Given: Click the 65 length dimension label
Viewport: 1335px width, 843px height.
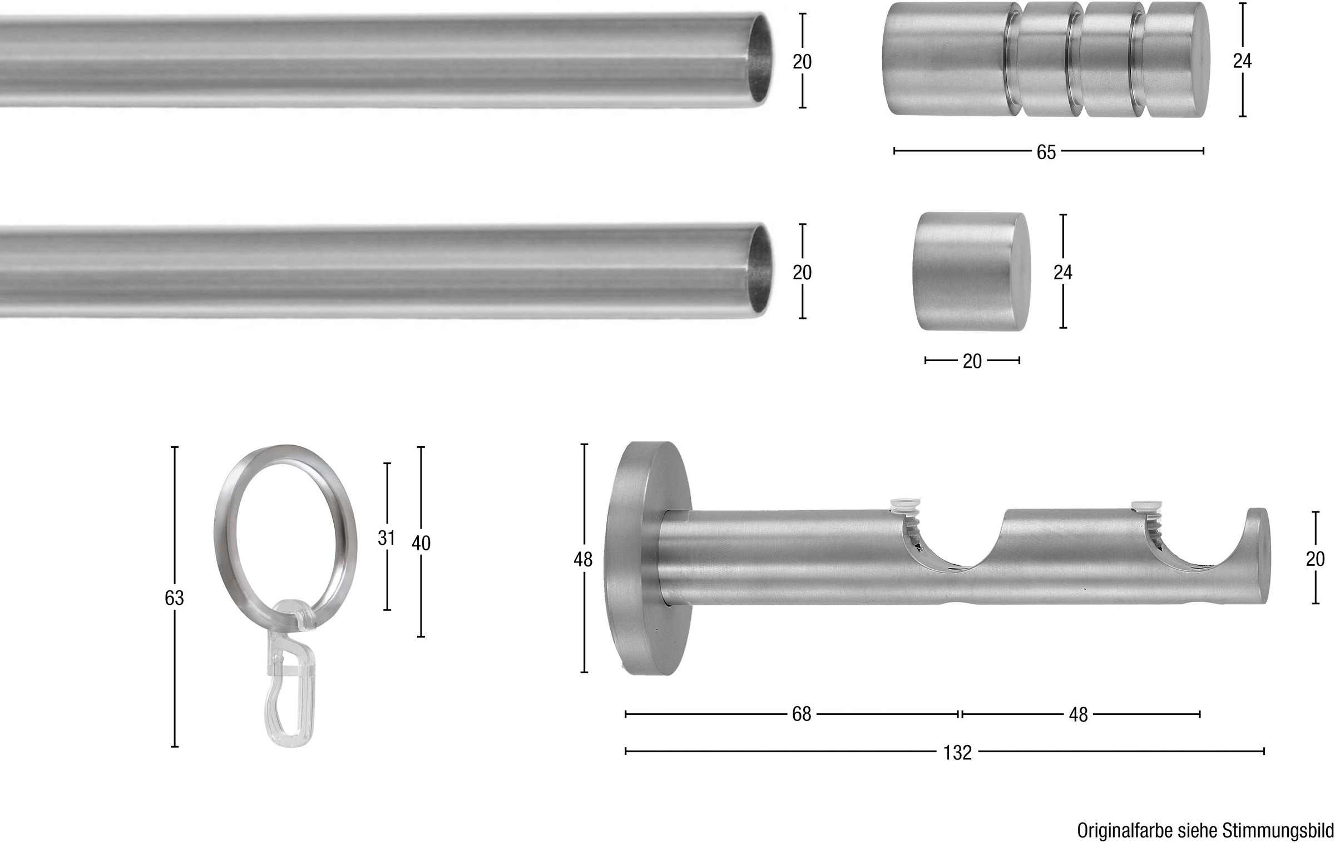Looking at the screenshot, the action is point(1046,152).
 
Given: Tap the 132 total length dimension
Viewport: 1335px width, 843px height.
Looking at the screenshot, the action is point(957,752).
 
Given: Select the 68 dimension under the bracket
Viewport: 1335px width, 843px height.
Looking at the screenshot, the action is point(802,714).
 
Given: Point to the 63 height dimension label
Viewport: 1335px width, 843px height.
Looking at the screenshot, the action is point(174,598).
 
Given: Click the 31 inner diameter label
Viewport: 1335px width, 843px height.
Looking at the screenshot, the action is point(386,538).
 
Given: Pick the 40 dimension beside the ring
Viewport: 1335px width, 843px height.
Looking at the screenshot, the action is point(421,543).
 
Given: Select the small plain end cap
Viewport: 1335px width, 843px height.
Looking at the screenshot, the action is point(971,271).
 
